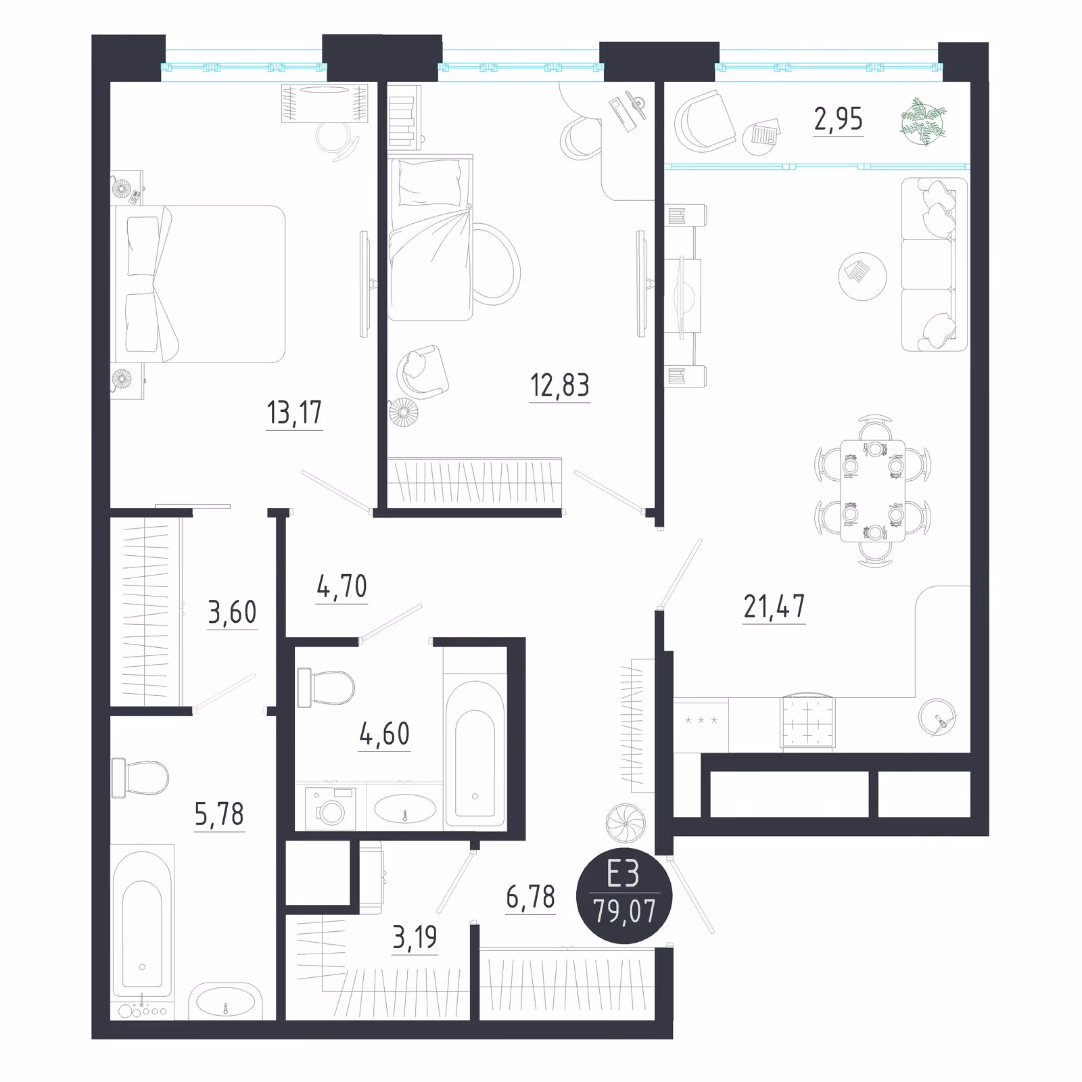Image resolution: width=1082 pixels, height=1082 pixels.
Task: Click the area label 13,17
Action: pos(294,412)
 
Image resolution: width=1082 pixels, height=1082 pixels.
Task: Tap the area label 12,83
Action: pos(559,385)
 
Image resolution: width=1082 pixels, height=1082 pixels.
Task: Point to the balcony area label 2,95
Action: pos(838,119)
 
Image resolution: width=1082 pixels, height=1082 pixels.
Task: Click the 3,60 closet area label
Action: pos(232,612)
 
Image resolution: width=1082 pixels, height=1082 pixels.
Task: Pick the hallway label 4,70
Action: pos(342,586)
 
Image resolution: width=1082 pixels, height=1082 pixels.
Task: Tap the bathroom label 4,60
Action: pos(384,734)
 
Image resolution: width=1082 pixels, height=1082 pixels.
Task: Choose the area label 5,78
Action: pos(219,814)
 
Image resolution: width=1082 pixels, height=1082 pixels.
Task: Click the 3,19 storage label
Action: pos(415,937)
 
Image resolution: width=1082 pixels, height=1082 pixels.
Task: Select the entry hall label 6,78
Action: pos(530,897)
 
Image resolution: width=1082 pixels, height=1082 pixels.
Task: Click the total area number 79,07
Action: pos(624,911)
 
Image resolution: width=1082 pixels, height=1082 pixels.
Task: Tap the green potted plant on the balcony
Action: pos(923,122)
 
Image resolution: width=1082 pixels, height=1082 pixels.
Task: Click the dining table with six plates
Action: pos(872,490)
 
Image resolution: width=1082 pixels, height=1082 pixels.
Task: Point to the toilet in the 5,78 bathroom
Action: pos(140,777)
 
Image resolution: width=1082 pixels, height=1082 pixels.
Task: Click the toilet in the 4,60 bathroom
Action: pos(325,686)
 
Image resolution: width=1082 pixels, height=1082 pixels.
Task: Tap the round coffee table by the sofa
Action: pos(862,277)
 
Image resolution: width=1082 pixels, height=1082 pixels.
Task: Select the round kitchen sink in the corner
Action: pos(938,717)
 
